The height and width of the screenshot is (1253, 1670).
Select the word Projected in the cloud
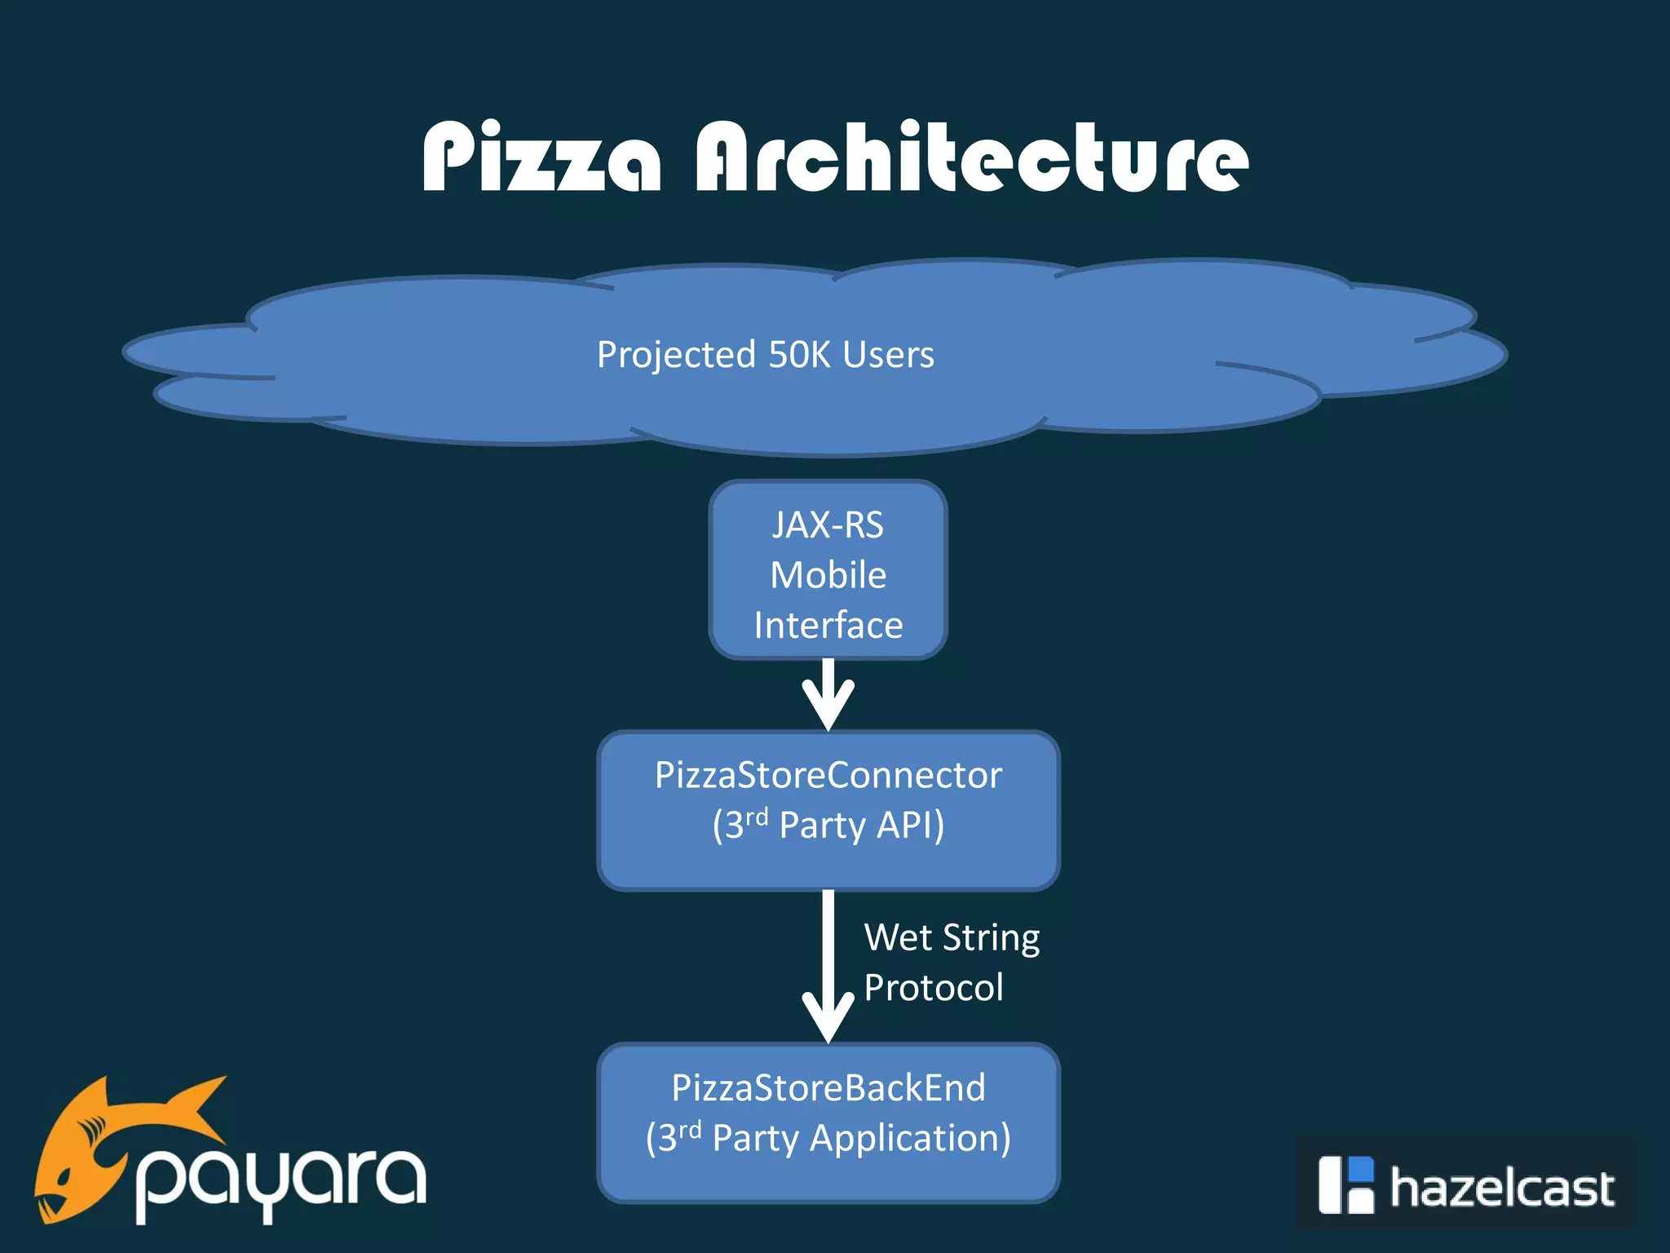pos(676,356)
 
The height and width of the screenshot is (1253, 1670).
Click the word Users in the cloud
pos(888,354)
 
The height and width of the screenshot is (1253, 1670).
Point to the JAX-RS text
pos(828,525)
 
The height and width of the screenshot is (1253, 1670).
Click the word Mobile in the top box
pos(828,575)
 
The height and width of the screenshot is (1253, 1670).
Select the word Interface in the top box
pos(828,626)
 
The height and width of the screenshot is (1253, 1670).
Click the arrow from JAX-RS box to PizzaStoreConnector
pos(828,695)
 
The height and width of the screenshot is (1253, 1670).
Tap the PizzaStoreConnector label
pos(828,775)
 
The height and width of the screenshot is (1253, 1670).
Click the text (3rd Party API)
pos(828,825)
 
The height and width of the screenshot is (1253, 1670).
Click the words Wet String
pos(952,938)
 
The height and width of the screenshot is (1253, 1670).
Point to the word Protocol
pos(933,988)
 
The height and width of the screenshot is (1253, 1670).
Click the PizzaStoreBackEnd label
pos(828,1087)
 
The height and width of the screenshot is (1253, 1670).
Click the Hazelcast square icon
pos(1345,1185)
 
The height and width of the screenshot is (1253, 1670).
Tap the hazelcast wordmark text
pos(1501,1188)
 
